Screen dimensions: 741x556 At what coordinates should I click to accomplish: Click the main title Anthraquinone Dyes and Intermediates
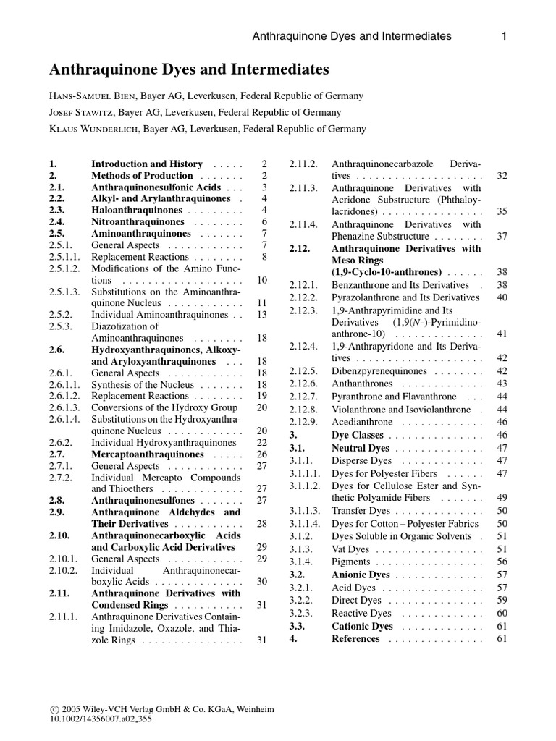(188, 70)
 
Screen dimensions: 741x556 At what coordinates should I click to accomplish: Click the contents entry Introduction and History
(147, 164)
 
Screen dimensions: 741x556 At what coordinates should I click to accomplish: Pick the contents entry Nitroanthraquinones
(138, 222)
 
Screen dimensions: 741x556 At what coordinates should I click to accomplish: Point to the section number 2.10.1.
(63, 559)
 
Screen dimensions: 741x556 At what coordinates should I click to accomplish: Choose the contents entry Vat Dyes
(350, 549)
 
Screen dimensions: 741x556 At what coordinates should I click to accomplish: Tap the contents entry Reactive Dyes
(361, 614)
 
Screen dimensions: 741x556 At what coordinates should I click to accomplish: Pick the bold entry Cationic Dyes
(362, 627)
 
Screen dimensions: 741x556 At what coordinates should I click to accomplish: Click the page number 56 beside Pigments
(502, 562)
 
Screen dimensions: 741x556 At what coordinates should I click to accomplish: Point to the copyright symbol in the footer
(53, 710)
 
